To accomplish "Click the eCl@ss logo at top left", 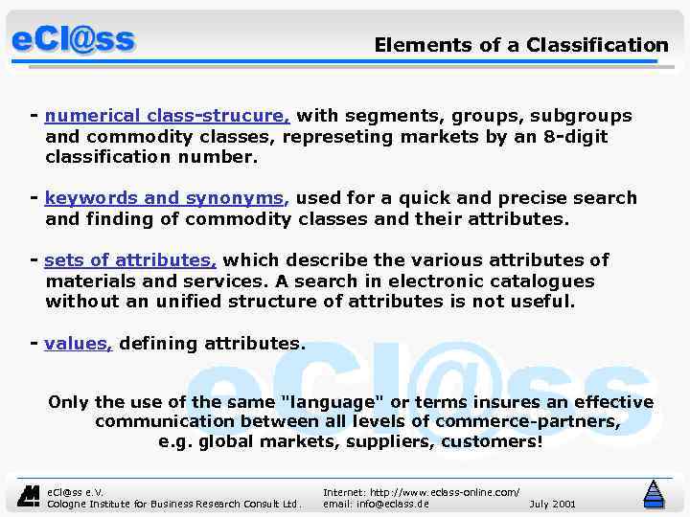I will coord(73,40).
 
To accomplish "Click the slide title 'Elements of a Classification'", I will coord(520,45).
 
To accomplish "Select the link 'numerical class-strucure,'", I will coord(167,116).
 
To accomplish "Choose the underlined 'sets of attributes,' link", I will coord(130,260).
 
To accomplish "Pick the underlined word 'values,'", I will coord(79,343).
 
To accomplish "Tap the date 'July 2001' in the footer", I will coord(552,504).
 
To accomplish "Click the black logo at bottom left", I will coord(30,496).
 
